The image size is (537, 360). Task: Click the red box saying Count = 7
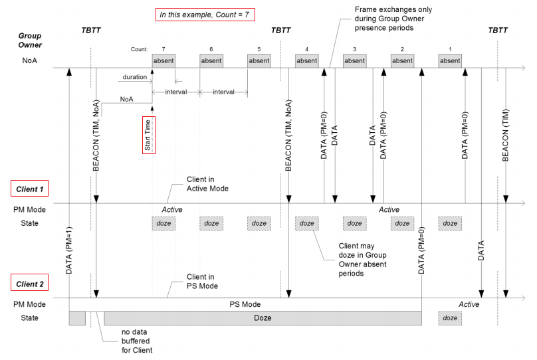(x=205, y=13)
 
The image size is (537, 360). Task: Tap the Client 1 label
(x=31, y=190)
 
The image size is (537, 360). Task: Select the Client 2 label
(x=31, y=285)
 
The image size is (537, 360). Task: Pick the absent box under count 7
(x=163, y=61)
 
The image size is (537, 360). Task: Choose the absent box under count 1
(x=450, y=61)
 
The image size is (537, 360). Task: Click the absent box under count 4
(x=306, y=61)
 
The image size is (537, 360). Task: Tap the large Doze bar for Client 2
(x=263, y=318)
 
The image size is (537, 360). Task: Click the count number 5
(x=259, y=49)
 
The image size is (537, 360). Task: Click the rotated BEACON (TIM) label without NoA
(x=506, y=136)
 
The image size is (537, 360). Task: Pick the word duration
(x=134, y=77)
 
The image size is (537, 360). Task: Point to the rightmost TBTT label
(x=498, y=31)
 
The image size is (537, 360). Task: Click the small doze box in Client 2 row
(x=450, y=318)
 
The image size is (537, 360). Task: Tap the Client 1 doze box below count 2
(x=402, y=223)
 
